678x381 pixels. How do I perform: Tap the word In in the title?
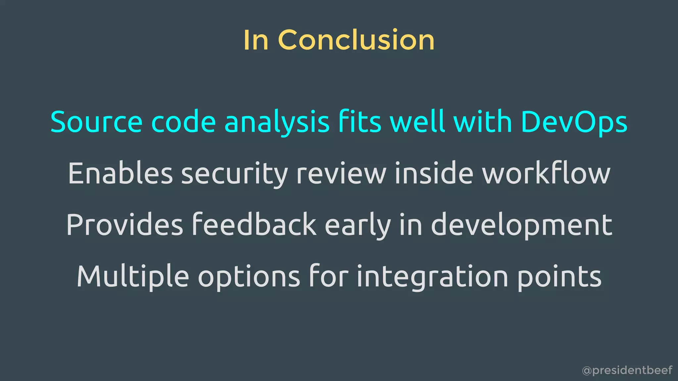click(256, 40)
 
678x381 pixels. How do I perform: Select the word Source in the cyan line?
click(96, 122)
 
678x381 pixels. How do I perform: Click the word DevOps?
click(574, 122)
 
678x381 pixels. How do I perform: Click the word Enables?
click(120, 174)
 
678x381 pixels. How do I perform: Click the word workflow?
click(546, 173)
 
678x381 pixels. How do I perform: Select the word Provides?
click(124, 225)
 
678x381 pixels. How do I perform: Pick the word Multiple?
click(133, 276)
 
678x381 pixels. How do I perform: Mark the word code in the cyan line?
click(183, 122)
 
